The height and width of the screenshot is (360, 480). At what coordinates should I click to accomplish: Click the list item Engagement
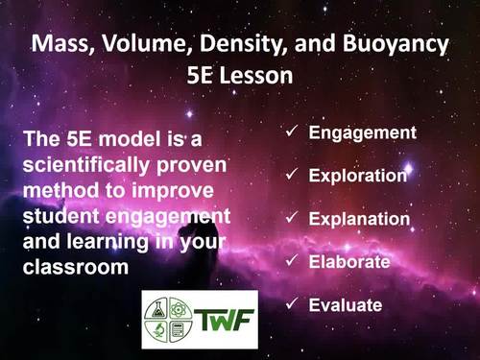pyautogui.click(x=362, y=132)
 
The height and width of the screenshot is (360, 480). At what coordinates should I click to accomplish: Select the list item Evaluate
pyautogui.click(x=346, y=305)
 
